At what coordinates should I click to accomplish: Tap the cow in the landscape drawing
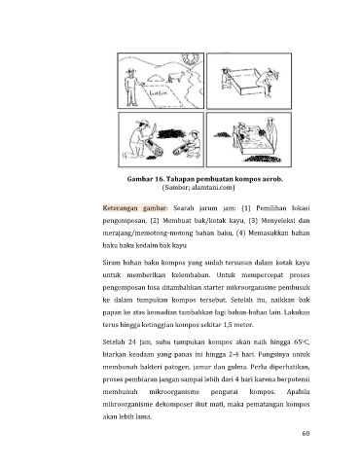point(176,77)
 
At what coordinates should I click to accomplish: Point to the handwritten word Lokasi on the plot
point(159,93)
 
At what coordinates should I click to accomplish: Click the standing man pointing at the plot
point(132,88)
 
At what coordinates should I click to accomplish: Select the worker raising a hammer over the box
point(268,83)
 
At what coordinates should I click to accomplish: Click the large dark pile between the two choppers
point(171,133)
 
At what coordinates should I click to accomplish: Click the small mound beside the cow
point(156,78)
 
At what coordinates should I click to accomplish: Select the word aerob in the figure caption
point(273,179)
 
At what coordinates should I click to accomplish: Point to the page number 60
point(306,433)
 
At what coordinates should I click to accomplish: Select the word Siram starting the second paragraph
point(112,263)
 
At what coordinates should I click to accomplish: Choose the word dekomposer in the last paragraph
point(172,405)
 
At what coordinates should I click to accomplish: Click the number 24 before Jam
point(132,341)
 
